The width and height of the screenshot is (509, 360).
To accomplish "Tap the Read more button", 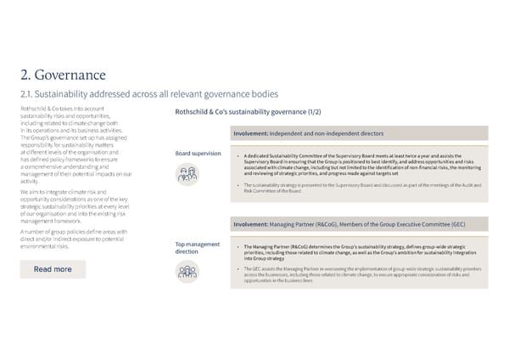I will coord(53,269).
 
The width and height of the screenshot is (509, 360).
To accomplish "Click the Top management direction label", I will coord(197,249).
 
